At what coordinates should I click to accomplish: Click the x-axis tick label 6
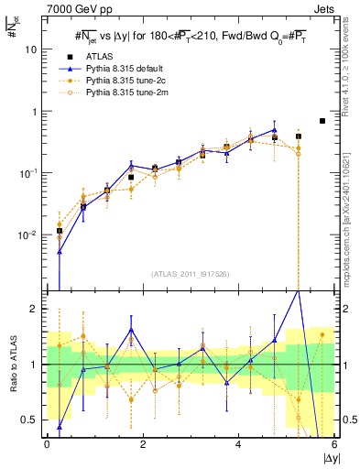334,444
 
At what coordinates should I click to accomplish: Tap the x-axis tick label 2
143,444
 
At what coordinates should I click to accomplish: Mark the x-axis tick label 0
47,444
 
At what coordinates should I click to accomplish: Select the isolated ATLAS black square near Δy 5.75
322,121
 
